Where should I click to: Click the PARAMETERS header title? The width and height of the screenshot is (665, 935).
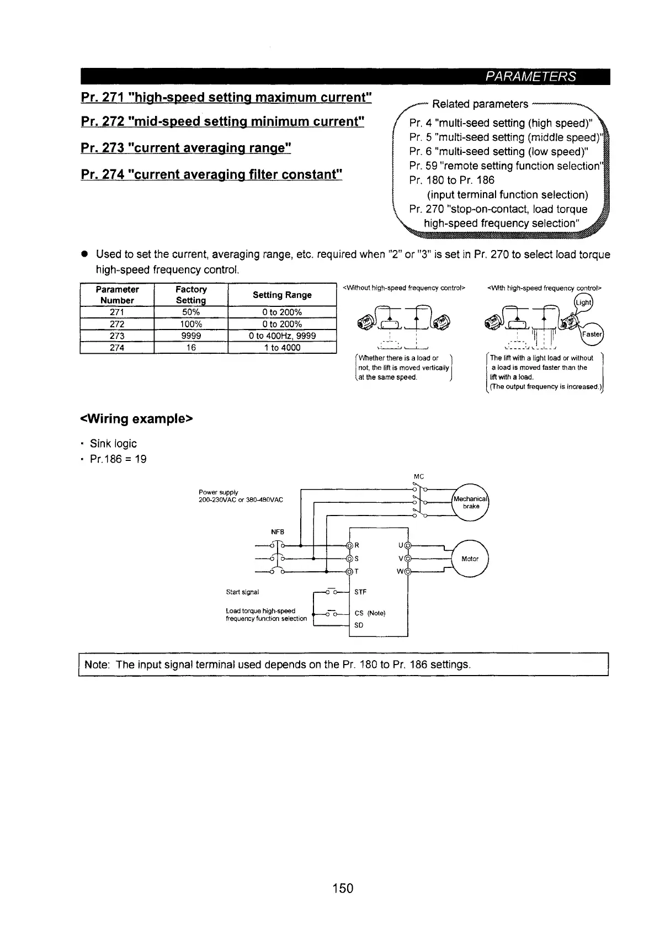pos(530,77)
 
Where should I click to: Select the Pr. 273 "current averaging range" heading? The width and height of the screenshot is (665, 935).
pos(186,148)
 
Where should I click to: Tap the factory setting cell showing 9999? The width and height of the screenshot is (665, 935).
pos(190,336)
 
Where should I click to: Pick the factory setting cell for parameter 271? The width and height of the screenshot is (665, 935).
pos(190,312)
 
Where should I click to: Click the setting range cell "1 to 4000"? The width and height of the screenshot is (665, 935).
pos(282,348)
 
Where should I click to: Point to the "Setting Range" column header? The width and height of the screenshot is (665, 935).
pos(282,295)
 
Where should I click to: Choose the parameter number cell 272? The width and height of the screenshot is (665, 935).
pos(117,324)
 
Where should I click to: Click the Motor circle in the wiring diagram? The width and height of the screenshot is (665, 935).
pos(470,559)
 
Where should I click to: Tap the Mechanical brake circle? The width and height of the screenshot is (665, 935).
pos(471,502)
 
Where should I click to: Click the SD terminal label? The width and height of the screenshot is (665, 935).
pos(359,625)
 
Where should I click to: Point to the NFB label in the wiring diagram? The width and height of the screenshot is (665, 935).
pos(277,532)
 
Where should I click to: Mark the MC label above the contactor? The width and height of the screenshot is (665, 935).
pos(418,476)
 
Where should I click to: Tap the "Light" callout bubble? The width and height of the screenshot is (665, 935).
pos(583,303)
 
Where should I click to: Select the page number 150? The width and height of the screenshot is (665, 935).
pos(342,888)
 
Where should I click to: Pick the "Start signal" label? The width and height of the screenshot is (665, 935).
pos(242,592)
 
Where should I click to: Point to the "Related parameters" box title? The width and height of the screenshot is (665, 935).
pos(480,104)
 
